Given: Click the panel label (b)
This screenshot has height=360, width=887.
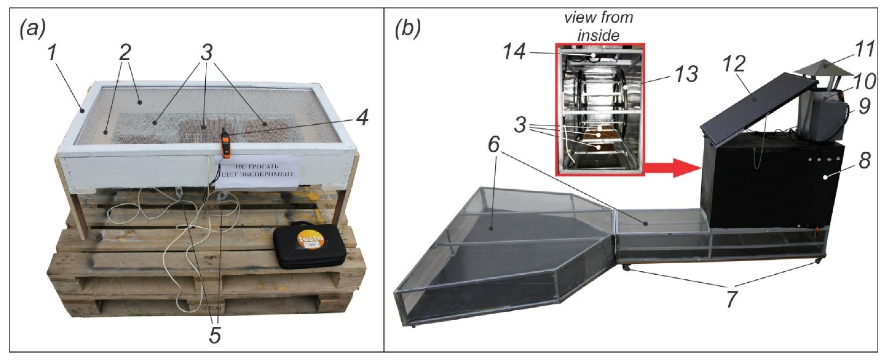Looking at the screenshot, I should (x=408, y=30).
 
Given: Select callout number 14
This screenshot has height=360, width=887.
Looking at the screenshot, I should (x=514, y=53).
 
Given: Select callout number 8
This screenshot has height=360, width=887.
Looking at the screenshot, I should (x=865, y=160).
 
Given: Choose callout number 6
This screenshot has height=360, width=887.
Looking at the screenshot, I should (x=493, y=146).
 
